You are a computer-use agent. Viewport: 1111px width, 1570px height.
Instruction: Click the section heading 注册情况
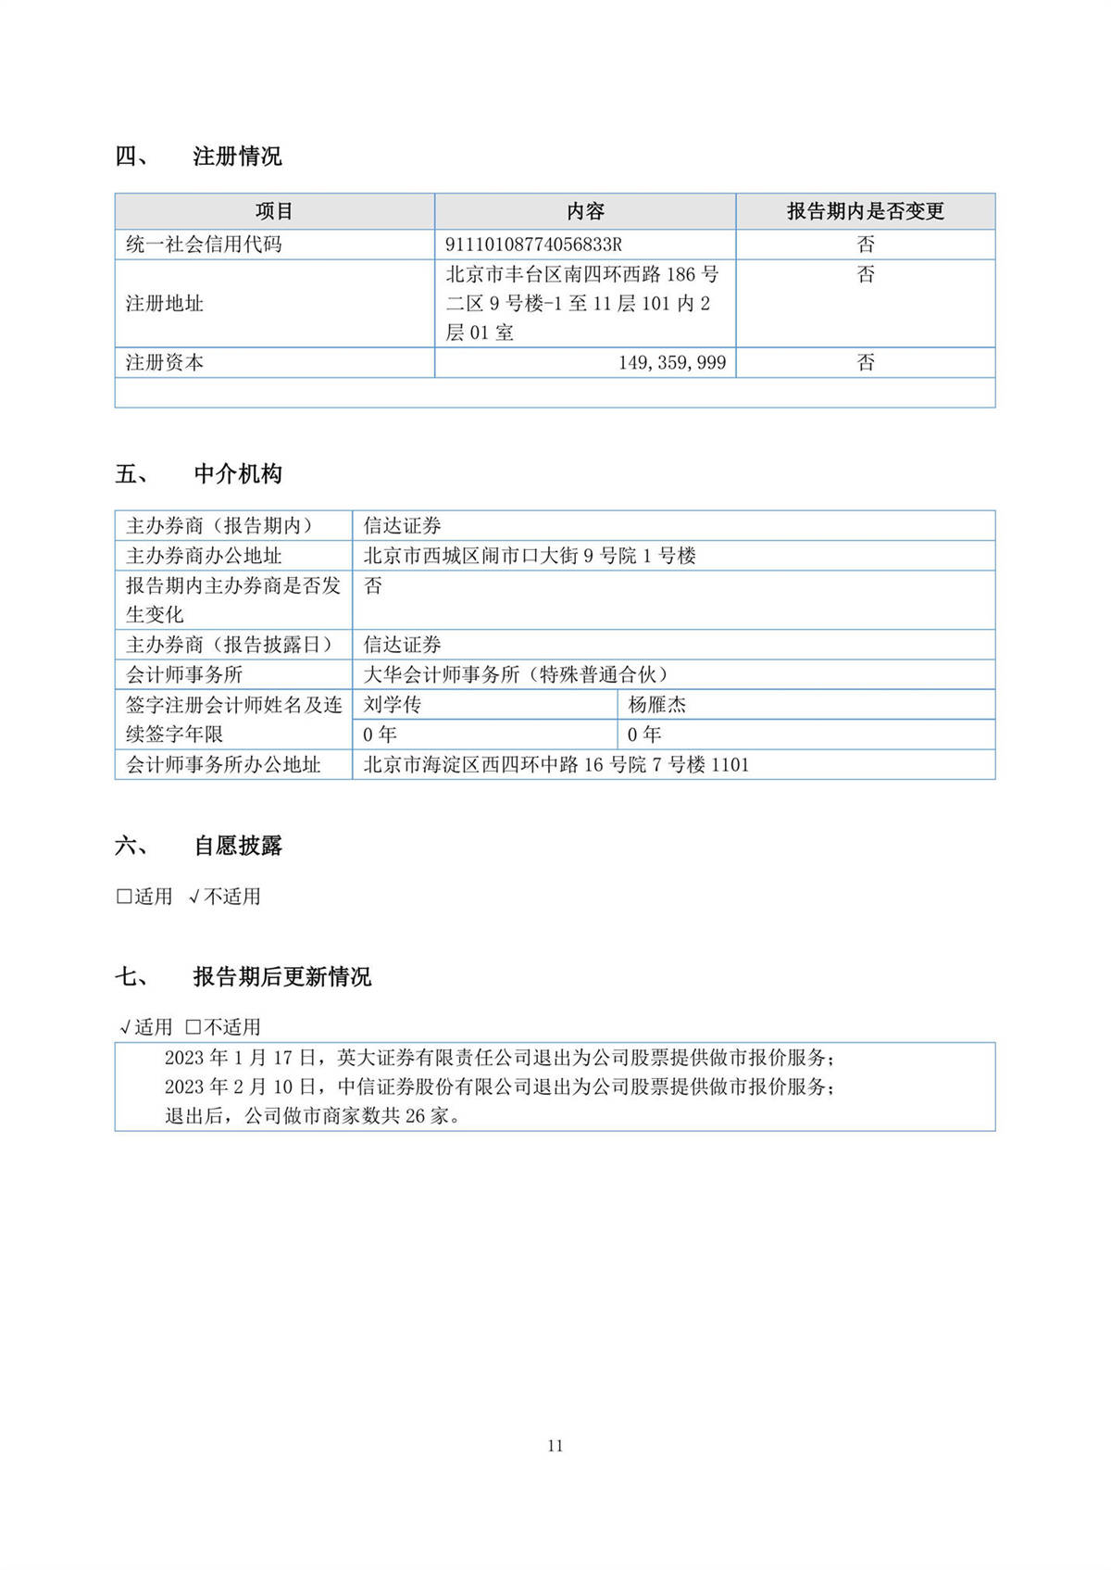pyautogui.click(x=237, y=157)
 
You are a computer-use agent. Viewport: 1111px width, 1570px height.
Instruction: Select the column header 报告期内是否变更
pyautogui.click(x=865, y=212)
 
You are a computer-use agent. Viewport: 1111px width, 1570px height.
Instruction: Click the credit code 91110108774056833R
pyautogui.click(x=533, y=245)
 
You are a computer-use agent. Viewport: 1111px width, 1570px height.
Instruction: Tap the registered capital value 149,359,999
pyautogui.click(x=672, y=363)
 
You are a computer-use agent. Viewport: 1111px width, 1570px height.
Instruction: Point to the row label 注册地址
pyautogui.click(x=165, y=304)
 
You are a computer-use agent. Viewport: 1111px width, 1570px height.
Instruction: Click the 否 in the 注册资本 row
pyautogui.click(x=865, y=363)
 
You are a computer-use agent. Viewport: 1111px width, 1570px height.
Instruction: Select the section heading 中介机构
pyautogui.click(x=238, y=474)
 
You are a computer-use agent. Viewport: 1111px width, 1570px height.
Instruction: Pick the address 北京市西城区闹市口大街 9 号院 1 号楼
pyautogui.click(x=530, y=556)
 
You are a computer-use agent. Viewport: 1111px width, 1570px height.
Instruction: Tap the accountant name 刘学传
pyautogui.click(x=393, y=705)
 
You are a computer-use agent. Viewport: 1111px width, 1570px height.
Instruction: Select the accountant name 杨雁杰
pyautogui.click(x=657, y=705)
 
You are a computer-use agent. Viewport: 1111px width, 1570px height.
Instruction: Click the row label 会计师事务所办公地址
pyautogui.click(x=223, y=765)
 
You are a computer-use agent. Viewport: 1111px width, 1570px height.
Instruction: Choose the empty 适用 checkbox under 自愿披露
pyautogui.click(x=124, y=897)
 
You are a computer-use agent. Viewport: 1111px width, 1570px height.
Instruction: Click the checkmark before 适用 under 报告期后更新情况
pyautogui.click(x=125, y=1027)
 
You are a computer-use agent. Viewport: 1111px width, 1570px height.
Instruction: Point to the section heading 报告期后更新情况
pyautogui.click(x=282, y=977)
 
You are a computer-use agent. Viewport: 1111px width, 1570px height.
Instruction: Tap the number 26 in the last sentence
pyautogui.click(x=415, y=1116)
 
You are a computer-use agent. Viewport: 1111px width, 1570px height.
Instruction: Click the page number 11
pyautogui.click(x=555, y=1446)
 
